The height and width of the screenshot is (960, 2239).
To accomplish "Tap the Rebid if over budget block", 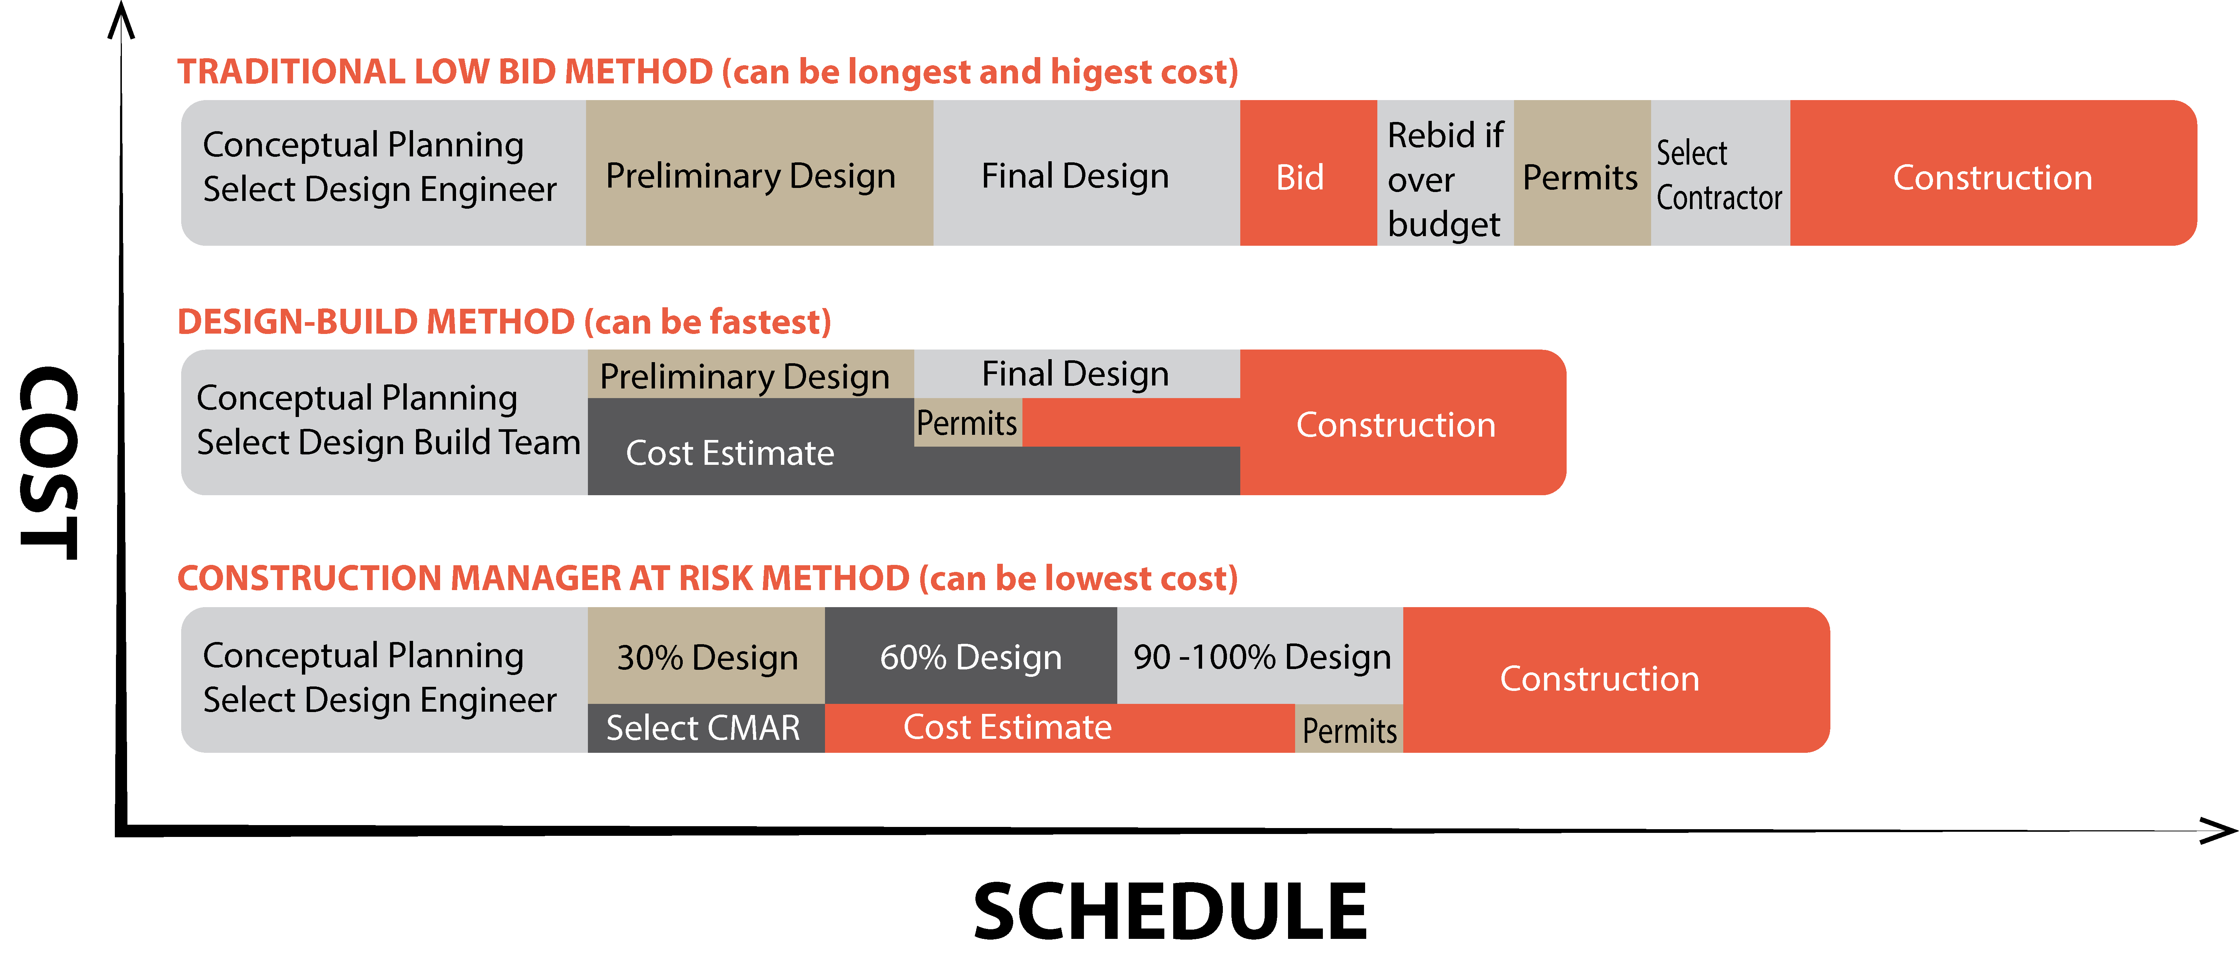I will [1445, 178].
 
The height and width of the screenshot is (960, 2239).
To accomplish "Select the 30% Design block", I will [707, 656].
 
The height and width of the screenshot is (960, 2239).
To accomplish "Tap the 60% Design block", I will [970, 656].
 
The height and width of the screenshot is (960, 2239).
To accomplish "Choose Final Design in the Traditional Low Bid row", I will [1075, 176].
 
